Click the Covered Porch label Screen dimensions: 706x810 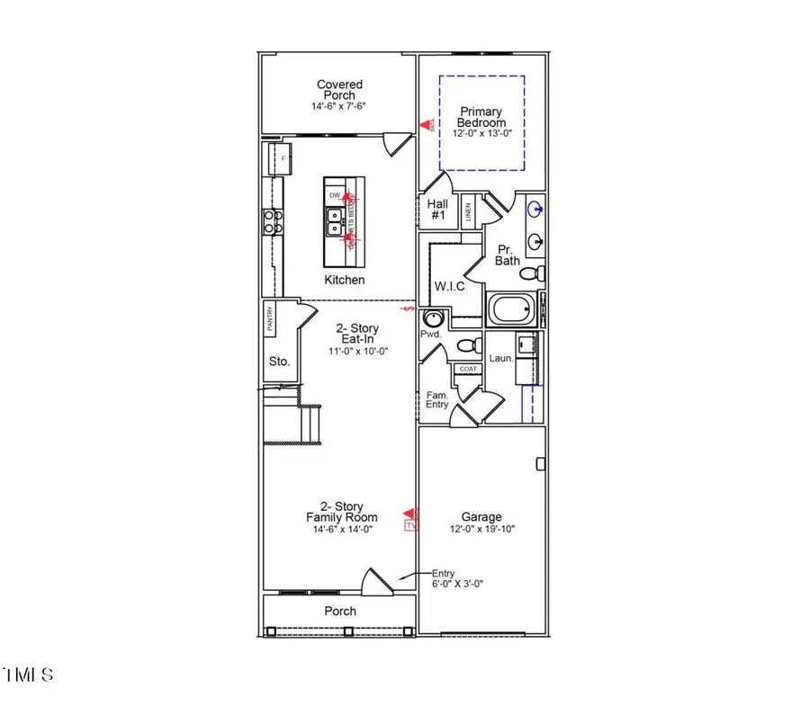point(340,90)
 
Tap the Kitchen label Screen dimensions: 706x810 point(345,280)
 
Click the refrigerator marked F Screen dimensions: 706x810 point(283,159)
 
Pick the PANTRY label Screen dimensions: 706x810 point(270,319)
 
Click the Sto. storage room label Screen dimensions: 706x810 point(279,362)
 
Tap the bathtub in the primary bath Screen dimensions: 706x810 point(511,311)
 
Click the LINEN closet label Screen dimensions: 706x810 point(468,213)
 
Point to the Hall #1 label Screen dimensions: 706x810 point(438,210)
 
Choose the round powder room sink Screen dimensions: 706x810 point(433,318)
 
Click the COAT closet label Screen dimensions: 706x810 point(467,369)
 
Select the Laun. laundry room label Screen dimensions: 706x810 point(501,358)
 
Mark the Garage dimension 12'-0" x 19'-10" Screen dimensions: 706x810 point(482,530)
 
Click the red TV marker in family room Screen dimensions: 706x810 point(412,524)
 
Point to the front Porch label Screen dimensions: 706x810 point(340,612)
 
